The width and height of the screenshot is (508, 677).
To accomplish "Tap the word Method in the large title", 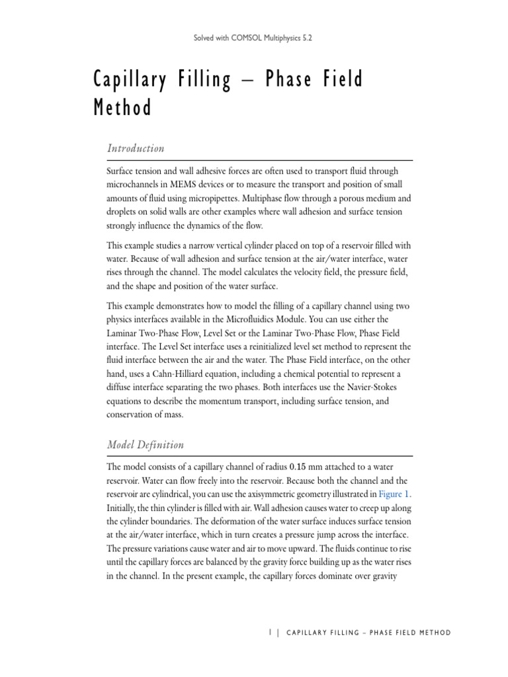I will click(x=122, y=108).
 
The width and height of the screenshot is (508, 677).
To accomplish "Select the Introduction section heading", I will click(x=136, y=148).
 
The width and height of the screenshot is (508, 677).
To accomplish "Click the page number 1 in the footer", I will click(x=271, y=633).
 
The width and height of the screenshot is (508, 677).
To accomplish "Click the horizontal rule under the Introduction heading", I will click(x=260, y=160).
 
